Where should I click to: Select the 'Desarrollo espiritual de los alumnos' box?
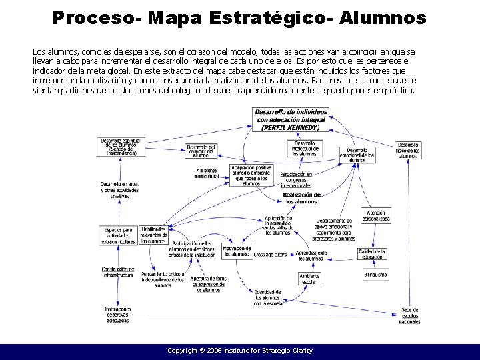click(121, 147)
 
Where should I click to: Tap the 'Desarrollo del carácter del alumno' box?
click(201, 151)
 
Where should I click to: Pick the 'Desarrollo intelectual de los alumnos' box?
click(305, 148)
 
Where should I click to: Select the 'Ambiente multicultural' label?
click(206, 173)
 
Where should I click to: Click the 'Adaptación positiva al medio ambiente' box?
click(251, 175)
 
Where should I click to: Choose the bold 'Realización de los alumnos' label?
click(302, 197)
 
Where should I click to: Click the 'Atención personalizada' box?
click(376, 215)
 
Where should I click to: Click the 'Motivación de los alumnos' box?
click(236, 251)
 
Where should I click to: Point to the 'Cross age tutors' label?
click(270, 255)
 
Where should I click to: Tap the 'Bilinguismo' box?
click(375, 275)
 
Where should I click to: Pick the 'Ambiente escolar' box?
click(309, 279)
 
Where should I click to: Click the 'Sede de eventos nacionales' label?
click(409, 315)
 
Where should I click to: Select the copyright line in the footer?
click(239, 351)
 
